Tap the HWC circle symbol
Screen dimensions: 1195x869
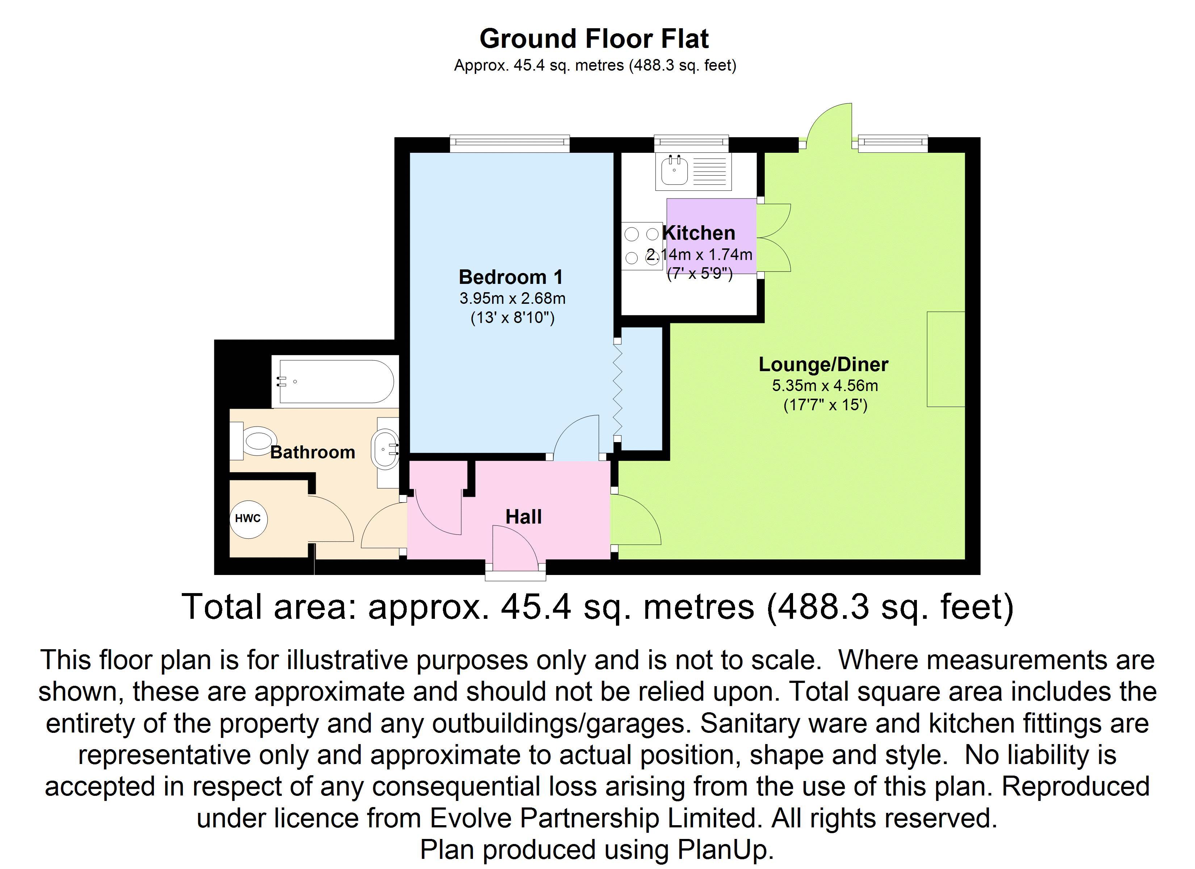pos(248,519)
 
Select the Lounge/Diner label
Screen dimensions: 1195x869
pos(823,364)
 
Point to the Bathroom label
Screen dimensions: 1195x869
pos(313,452)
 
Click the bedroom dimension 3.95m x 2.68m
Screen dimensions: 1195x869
pos(512,299)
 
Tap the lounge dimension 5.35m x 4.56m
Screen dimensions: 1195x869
pos(825,386)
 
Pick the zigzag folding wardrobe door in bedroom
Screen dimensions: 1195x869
pos(617,390)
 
